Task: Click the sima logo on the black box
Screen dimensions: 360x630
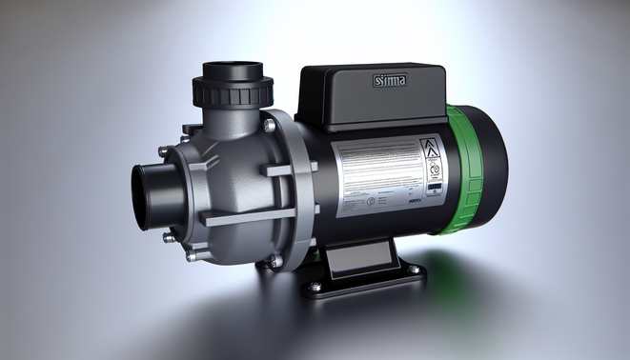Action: pyautogui.click(x=388, y=82)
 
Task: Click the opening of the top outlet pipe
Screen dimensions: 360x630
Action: pyautogui.click(x=233, y=70)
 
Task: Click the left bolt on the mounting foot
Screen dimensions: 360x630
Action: pyautogui.click(x=315, y=286)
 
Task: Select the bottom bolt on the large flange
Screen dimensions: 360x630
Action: pyautogui.click(x=274, y=259)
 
